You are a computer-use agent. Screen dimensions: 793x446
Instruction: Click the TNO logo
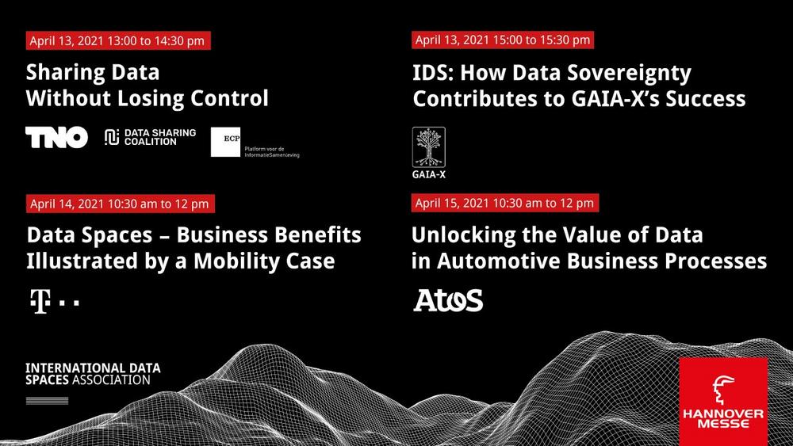tap(56, 137)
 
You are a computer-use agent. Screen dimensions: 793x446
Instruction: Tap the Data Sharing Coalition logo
tap(150, 137)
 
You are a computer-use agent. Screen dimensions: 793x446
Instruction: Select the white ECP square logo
tap(225, 142)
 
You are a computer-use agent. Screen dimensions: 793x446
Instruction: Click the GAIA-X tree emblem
tap(429, 147)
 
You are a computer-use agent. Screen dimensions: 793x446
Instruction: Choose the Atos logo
tap(448, 300)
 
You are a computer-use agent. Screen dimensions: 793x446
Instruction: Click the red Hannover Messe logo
tap(723, 402)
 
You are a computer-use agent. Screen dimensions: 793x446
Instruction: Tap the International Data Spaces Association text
tap(93, 374)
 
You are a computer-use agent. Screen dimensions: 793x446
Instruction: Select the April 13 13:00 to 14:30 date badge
tap(118, 40)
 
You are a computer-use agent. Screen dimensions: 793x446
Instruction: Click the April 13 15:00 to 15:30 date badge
tap(503, 40)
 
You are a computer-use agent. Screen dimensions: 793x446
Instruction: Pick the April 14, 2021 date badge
tap(121, 204)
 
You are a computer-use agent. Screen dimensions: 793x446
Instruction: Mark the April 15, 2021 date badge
tap(505, 203)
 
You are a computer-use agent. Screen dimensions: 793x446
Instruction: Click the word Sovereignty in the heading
tap(629, 74)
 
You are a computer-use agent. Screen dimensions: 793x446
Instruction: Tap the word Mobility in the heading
tap(236, 261)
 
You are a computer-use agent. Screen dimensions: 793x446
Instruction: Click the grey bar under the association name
tap(47, 401)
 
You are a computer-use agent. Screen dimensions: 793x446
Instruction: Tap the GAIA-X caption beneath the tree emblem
tap(429, 175)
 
